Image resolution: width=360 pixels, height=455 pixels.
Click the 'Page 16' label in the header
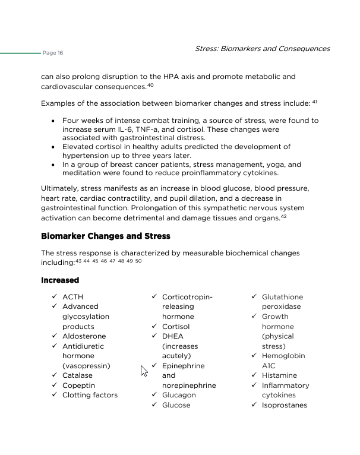point(53,53)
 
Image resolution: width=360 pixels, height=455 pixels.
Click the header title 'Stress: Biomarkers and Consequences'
point(262,49)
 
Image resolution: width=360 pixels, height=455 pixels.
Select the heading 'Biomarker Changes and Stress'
point(106,236)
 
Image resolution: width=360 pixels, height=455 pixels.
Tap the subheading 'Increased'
point(60,280)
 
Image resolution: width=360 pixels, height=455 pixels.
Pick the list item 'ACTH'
point(72,297)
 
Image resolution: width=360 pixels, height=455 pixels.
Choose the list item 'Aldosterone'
point(84,336)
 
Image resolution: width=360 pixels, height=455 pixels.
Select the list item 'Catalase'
point(78,375)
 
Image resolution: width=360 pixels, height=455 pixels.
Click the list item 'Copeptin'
point(78,386)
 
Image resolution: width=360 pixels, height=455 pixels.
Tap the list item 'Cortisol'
point(176,327)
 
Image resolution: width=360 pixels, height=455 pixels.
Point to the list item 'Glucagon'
point(179,395)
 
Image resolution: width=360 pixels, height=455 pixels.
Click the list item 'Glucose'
point(176,405)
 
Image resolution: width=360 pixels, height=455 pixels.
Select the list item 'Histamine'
point(279,375)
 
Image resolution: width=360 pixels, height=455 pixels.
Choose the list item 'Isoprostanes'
point(284,405)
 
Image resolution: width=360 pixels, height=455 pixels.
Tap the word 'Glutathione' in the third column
point(282,297)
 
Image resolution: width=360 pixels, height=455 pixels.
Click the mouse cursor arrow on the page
point(143,371)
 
